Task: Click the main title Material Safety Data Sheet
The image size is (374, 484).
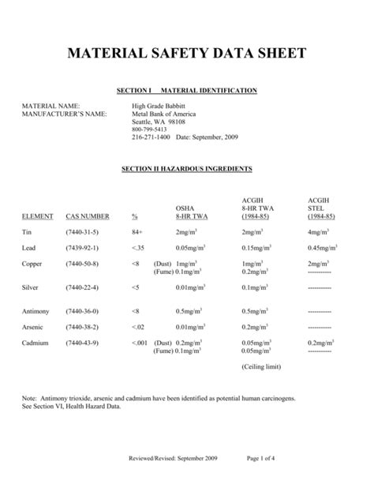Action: point(186,55)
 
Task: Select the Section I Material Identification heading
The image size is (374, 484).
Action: point(186,91)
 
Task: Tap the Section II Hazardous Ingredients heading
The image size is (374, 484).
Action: point(186,169)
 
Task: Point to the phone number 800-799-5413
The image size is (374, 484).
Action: point(149,129)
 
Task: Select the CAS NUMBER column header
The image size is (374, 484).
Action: point(88,216)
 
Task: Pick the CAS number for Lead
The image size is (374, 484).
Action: point(82,248)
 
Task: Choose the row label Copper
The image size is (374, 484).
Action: point(32,263)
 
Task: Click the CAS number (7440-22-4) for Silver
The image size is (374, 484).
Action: point(82,287)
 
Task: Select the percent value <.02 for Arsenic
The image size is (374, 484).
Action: point(139,327)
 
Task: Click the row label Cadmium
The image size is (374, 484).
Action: point(36,343)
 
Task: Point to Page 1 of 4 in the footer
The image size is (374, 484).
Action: point(261,459)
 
